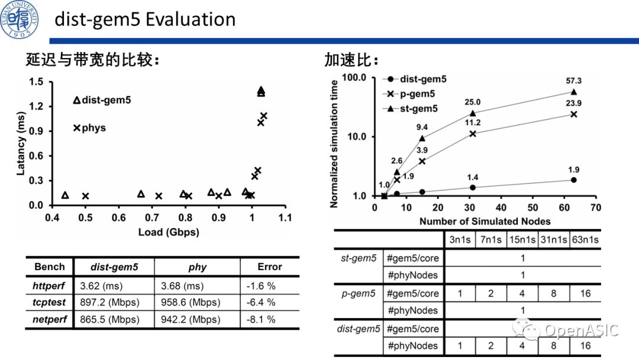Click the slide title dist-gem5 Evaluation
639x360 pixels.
tap(145, 20)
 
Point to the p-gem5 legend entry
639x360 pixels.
tap(414, 94)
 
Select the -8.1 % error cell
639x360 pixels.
tap(261, 319)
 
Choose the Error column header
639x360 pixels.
tap(270, 266)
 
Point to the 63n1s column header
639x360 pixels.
tap(585, 240)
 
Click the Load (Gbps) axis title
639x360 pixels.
tap(169, 232)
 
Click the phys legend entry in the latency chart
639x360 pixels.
tap(90, 128)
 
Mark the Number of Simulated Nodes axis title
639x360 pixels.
tap(485, 221)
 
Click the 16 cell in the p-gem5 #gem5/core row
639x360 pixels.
tap(585, 293)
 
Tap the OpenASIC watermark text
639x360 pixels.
tap(581, 330)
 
